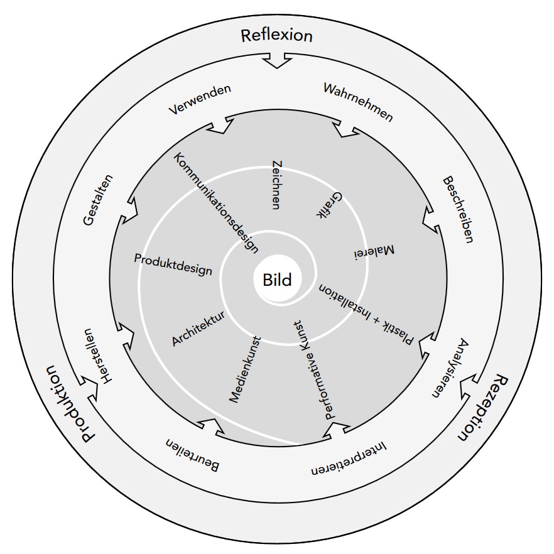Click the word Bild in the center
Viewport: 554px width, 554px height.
[278, 280]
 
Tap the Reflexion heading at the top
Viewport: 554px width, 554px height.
[276, 36]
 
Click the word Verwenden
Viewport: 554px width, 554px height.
[200, 100]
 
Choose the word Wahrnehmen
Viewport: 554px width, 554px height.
[358, 102]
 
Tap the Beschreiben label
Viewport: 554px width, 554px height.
[458, 210]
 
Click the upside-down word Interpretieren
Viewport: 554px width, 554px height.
[349, 458]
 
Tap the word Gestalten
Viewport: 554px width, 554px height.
[98, 200]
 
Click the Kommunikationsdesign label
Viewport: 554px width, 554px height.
[216, 203]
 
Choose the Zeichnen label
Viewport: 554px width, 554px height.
[277, 185]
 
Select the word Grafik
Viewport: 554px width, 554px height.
[329, 205]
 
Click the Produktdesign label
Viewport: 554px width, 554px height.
[173, 264]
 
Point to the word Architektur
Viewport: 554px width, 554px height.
[198, 329]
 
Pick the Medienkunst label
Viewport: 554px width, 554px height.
[245, 369]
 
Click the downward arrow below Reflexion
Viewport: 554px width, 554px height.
[276, 60]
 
